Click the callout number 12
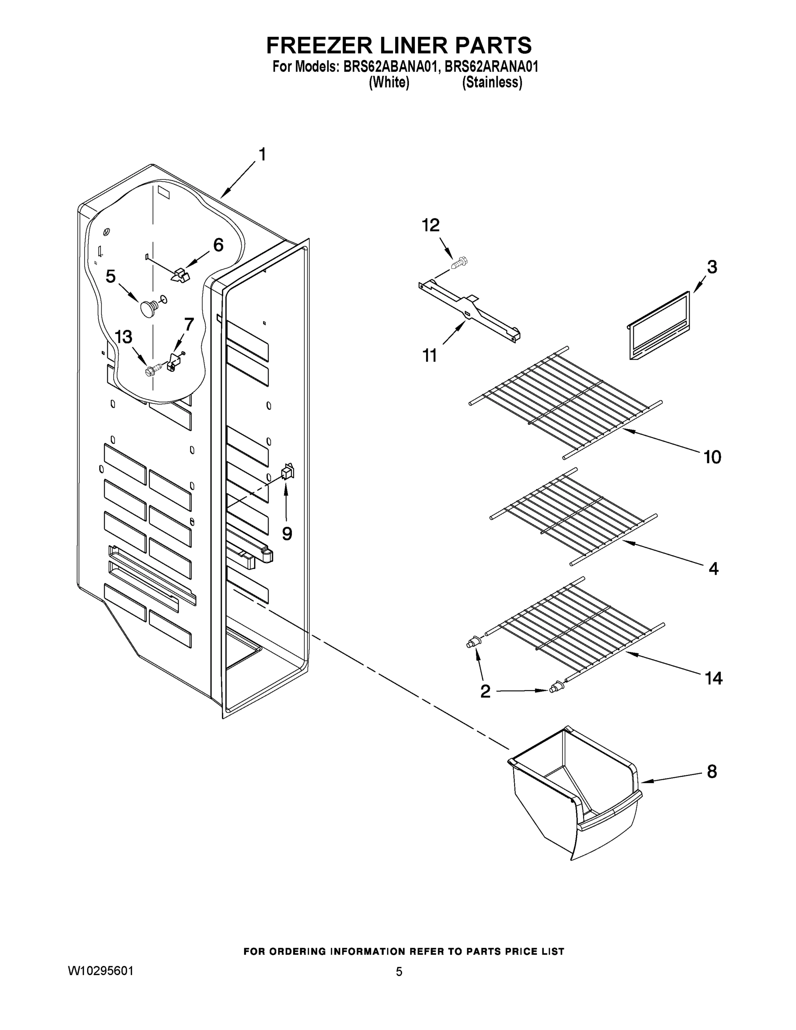click(x=430, y=225)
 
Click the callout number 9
click(x=287, y=533)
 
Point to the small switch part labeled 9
click(x=288, y=472)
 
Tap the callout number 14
click(x=713, y=678)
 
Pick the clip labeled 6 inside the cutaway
click(x=179, y=275)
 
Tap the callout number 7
click(x=189, y=324)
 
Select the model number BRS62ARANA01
click(x=491, y=67)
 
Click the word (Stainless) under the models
click(x=492, y=82)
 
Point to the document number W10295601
click(x=101, y=971)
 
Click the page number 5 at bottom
click(x=399, y=972)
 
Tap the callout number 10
click(x=712, y=457)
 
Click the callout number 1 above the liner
click(x=262, y=154)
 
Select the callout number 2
click(x=485, y=692)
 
